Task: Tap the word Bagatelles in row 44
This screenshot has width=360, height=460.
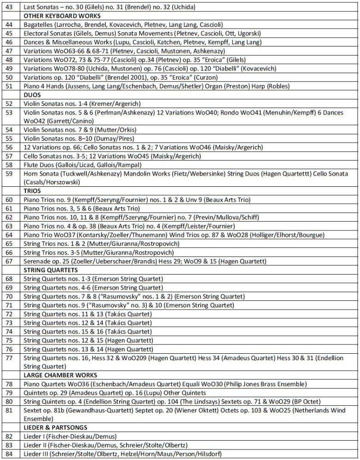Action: (x=38, y=24)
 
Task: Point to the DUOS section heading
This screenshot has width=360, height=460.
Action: (x=32, y=95)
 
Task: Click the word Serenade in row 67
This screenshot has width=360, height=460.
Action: (x=37, y=262)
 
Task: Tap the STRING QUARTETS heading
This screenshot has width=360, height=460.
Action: (x=51, y=270)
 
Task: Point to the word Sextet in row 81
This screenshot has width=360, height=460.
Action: (x=33, y=411)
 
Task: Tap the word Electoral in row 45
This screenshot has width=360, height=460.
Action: (x=37, y=33)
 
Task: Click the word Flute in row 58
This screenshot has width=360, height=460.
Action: (x=31, y=165)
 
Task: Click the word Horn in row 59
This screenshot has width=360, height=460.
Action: (x=31, y=174)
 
